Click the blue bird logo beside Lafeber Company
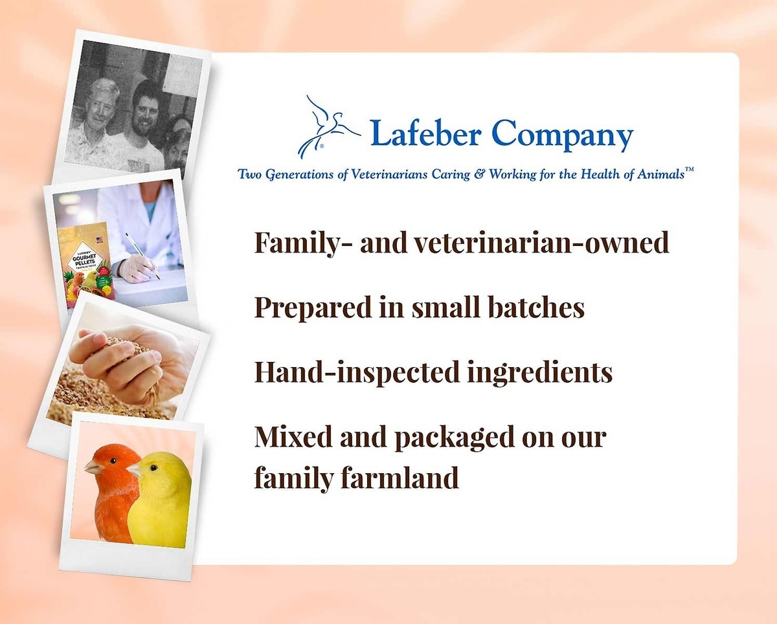click(x=328, y=127)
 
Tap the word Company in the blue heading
click(x=562, y=135)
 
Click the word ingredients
click(x=539, y=372)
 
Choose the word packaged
click(x=454, y=438)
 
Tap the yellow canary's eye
click(x=154, y=468)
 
